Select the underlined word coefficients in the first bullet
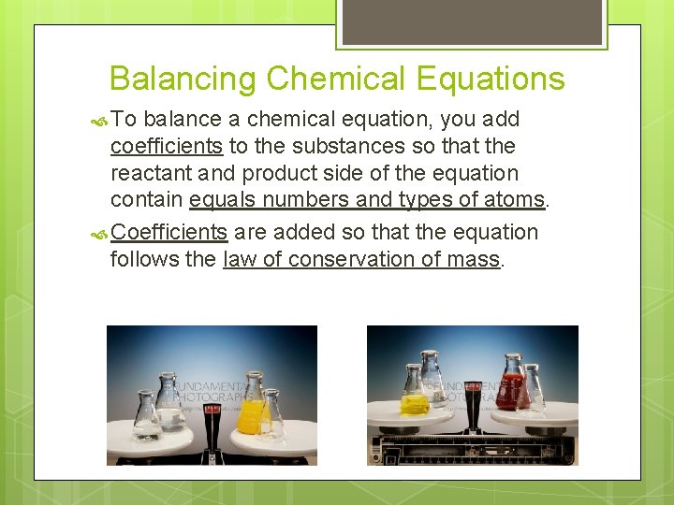167,147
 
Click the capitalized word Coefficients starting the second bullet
169,232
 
